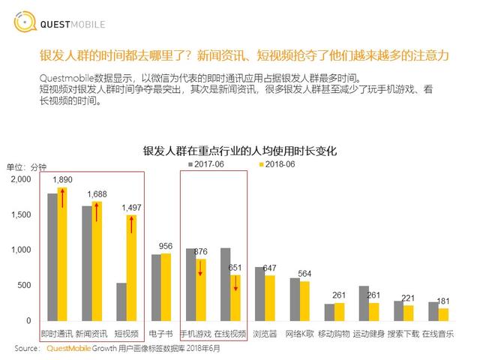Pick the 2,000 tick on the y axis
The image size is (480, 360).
coord(21,179)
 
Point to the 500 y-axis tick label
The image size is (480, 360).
coord(25,285)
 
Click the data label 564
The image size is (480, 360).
coord(305,273)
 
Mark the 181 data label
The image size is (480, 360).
coord(444,301)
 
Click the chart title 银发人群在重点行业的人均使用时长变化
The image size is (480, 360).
coord(240,150)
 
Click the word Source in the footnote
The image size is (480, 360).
coord(27,348)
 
